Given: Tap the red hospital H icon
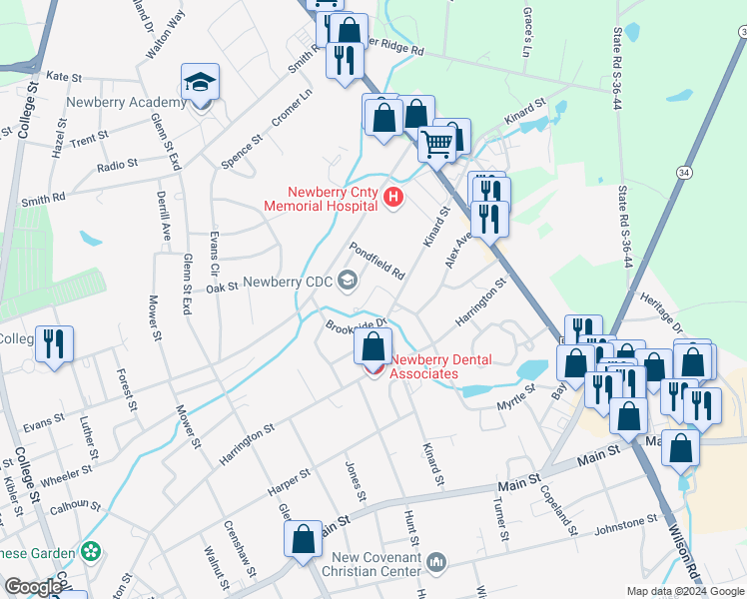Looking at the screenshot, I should [392, 199].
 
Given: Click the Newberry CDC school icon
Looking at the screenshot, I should [348, 281].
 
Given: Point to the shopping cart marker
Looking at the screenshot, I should [436, 144].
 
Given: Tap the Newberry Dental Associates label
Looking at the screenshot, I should [424, 367].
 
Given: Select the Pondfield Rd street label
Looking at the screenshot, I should [375, 260].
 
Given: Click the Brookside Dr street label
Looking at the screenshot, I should [355, 326].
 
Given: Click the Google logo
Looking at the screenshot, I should [33, 587].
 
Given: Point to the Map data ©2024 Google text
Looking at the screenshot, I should [684, 590].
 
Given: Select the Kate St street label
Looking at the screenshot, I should [63, 76].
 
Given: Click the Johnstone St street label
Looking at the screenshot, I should [626, 520].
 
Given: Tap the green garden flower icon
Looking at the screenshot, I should [92, 551].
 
